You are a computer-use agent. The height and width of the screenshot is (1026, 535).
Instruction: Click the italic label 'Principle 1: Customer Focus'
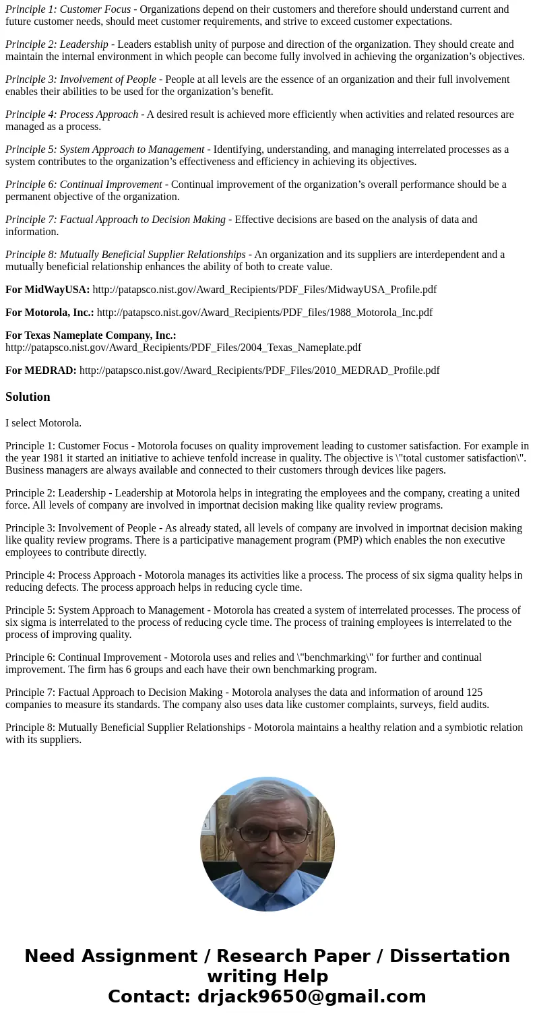coord(68,9)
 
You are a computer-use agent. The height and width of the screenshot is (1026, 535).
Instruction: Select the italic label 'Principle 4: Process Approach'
coord(71,115)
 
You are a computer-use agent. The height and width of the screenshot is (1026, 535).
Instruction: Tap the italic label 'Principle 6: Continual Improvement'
coord(84,185)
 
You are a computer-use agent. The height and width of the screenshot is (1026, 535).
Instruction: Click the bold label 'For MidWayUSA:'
coord(47,290)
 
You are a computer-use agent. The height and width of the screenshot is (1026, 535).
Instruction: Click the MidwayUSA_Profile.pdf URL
coord(264,290)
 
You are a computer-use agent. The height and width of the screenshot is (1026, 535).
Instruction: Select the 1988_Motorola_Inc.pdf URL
coord(264,313)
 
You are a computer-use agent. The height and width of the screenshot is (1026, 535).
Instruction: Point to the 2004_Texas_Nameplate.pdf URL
coord(183,348)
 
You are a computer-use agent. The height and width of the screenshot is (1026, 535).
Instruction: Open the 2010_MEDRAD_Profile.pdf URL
coord(259,371)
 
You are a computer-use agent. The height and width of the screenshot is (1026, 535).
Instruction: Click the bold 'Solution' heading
coord(28,397)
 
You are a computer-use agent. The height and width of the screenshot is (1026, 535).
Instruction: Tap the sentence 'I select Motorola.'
coord(43,423)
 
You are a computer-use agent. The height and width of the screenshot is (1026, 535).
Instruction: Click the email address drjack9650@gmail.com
coord(311,997)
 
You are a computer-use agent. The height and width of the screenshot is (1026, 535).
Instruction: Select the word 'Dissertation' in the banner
coord(449,957)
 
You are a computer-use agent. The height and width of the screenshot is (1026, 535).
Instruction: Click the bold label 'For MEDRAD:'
coord(40,371)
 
